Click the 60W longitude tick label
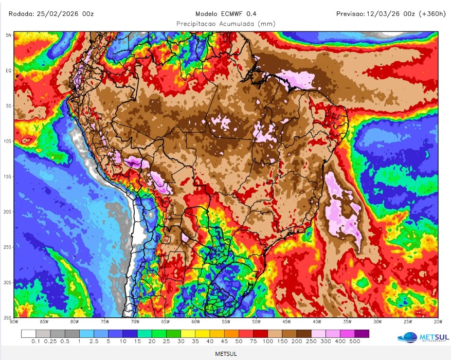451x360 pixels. pos(195,321)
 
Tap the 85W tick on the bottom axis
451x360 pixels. pos(44,321)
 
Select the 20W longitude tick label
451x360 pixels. pos(438,321)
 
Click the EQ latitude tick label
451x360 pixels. pos(9,70)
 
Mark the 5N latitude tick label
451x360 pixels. pos(9,35)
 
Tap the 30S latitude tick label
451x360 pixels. pos(8,282)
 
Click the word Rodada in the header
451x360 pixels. pos(21,14)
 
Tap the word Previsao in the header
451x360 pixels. pos(350,14)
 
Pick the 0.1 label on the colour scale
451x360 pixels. pos(36,341)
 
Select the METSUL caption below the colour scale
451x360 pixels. pos(226,354)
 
